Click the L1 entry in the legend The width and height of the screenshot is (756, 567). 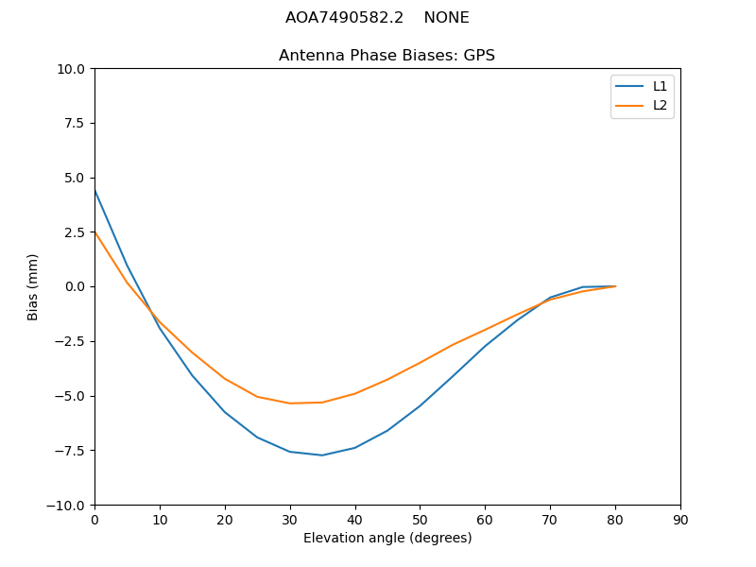pyautogui.click(x=660, y=86)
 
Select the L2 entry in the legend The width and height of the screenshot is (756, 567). pyautogui.click(x=660, y=105)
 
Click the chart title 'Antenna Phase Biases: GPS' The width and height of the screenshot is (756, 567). pyautogui.click(x=387, y=56)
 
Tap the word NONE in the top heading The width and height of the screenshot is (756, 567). pyautogui.click(x=446, y=18)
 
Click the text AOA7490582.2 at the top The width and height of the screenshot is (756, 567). pyautogui.click(x=344, y=18)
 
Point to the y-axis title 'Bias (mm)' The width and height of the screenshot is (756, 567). pyautogui.click(x=33, y=286)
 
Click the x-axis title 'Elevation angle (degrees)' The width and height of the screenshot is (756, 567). pyautogui.click(x=387, y=538)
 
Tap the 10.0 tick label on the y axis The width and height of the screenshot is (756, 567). pyautogui.click(x=69, y=69)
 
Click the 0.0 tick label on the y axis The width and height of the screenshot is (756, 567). pyautogui.click(x=73, y=286)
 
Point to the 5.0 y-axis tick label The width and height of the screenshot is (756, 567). pyautogui.click(x=73, y=178)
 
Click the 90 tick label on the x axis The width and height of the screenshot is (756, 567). pyautogui.click(x=680, y=520)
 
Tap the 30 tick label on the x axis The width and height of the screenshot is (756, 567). pyautogui.click(x=290, y=520)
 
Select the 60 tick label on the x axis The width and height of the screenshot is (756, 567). pyautogui.click(x=485, y=520)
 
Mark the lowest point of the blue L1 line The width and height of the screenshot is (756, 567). pyautogui.click(x=322, y=455)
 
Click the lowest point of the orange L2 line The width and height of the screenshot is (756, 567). pyautogui.click(x=290, y=404)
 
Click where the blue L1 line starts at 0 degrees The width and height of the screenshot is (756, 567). pyautogui.click(x=94, y=190)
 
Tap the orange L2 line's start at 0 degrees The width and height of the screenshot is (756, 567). pyautogui.click(x=94, y=232)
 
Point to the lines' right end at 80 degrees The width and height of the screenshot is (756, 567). pyautogui.click(x=615, y=286)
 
